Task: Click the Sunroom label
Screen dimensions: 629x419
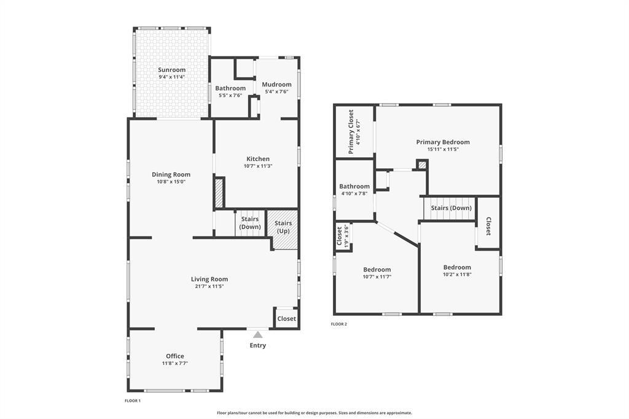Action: click(x=172, y=70)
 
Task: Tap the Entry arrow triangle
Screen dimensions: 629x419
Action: click(x=257, y=335)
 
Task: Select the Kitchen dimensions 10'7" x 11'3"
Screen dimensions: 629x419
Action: click(x=258, y=166)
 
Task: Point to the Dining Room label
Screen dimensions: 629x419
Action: click(x=171, y=174)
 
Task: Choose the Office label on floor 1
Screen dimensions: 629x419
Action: click(x=175, y=356)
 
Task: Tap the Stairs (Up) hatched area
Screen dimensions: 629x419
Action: click(x=283, y=230)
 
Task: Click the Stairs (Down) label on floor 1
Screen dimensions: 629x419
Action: click(x=250, y=223)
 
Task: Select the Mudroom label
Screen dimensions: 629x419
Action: click(x=277, y=84)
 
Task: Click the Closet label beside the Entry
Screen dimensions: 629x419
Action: click(x=286, y=319)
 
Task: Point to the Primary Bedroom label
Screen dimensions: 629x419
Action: click(x=443, y=142)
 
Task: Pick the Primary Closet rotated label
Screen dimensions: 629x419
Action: click(x=351, y=131)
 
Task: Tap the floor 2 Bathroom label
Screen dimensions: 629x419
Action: click(x=354, y=186)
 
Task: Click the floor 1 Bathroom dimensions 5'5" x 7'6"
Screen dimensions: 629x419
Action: click(x=230, y=95)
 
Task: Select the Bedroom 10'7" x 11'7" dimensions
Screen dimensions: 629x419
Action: click(x=377, y=276)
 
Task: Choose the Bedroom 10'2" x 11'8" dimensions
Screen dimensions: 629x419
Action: click(x=457, y=275)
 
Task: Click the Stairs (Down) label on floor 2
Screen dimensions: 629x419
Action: click(x=451, y=208)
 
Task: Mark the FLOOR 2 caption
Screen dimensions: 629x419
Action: click(x=338, y=324)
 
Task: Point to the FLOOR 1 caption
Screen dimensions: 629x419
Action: click(x=133, y=401)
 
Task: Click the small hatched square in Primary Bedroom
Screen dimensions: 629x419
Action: click(x=421, y=165)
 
